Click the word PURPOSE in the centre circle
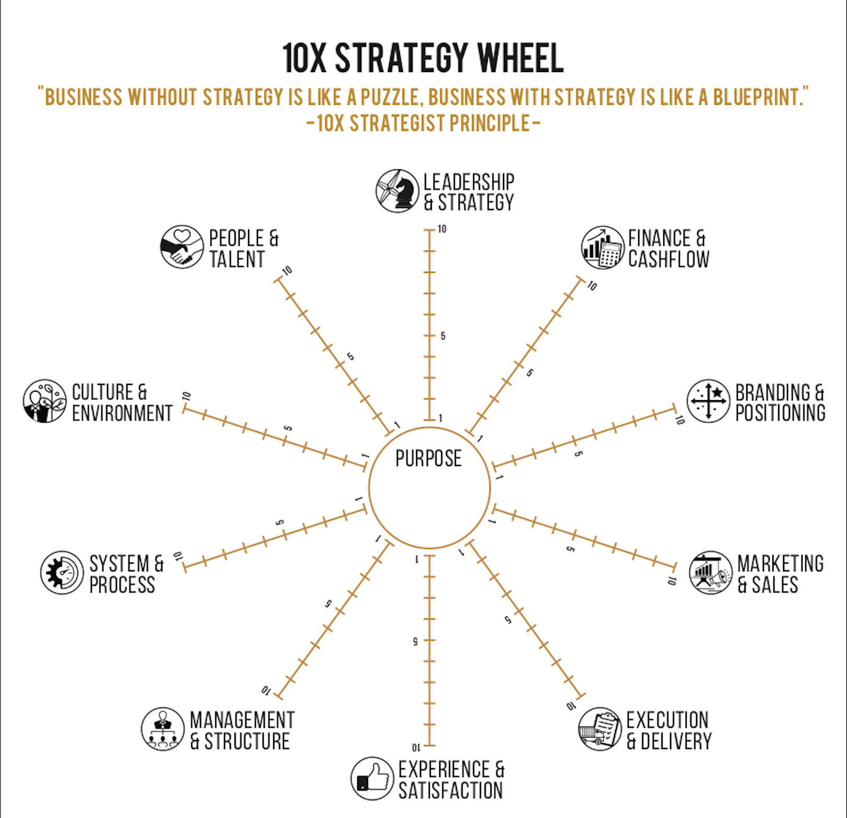[x=428, y=459]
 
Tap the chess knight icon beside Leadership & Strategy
[x=397, y=191]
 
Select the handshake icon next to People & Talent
[x=182, y=247]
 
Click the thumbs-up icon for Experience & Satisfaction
[x=372, y=778]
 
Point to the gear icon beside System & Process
[x=62, y=572]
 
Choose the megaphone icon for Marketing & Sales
[x=710, y=573]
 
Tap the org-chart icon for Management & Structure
[x=162, y=729]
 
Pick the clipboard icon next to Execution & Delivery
[x=600, y=729]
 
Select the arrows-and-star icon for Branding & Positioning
[x=708, y=401]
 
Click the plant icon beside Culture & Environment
[x=45, y=401]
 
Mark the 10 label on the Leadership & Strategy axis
[x=442, y=229]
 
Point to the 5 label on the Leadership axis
[x=443, y=336]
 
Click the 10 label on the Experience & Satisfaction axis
[x=416, y=747]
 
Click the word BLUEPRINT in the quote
[x=758, y=97]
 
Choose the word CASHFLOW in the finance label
[x=668, y=259]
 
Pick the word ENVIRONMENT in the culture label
[x=122, y=413]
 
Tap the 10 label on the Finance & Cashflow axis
[x=592, y=286]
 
